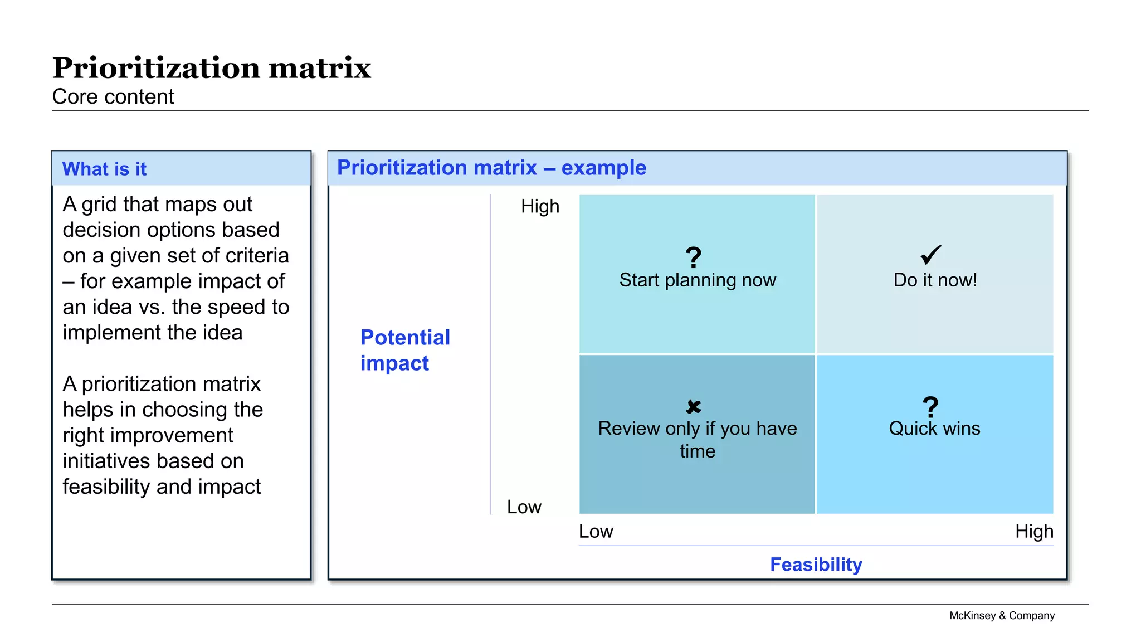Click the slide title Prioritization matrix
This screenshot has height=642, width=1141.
point(211,68)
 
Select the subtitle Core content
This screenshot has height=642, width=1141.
point(113,97)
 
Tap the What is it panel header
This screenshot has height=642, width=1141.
point(104,169)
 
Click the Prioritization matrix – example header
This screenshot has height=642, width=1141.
point(491,168)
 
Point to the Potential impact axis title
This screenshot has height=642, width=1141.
point(405,350)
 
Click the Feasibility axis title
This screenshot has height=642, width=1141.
point(816,565)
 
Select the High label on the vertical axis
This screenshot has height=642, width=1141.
point(540,207)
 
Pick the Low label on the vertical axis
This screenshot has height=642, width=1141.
point(524,507)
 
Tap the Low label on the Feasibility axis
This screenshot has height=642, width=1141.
point(596,532)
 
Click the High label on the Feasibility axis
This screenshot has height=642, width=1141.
point(1034,532)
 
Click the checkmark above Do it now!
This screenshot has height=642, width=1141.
point(931,255)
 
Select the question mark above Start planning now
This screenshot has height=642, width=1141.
point(694,257)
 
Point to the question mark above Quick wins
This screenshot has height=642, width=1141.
point(930,407)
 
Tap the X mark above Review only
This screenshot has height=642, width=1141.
point(694,407)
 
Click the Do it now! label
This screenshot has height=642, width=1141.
point(935,280)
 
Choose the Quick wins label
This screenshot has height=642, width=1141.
point(934,429)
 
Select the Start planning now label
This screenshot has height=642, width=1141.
point(698,280)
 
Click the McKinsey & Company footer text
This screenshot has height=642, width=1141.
point(1002,616)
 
